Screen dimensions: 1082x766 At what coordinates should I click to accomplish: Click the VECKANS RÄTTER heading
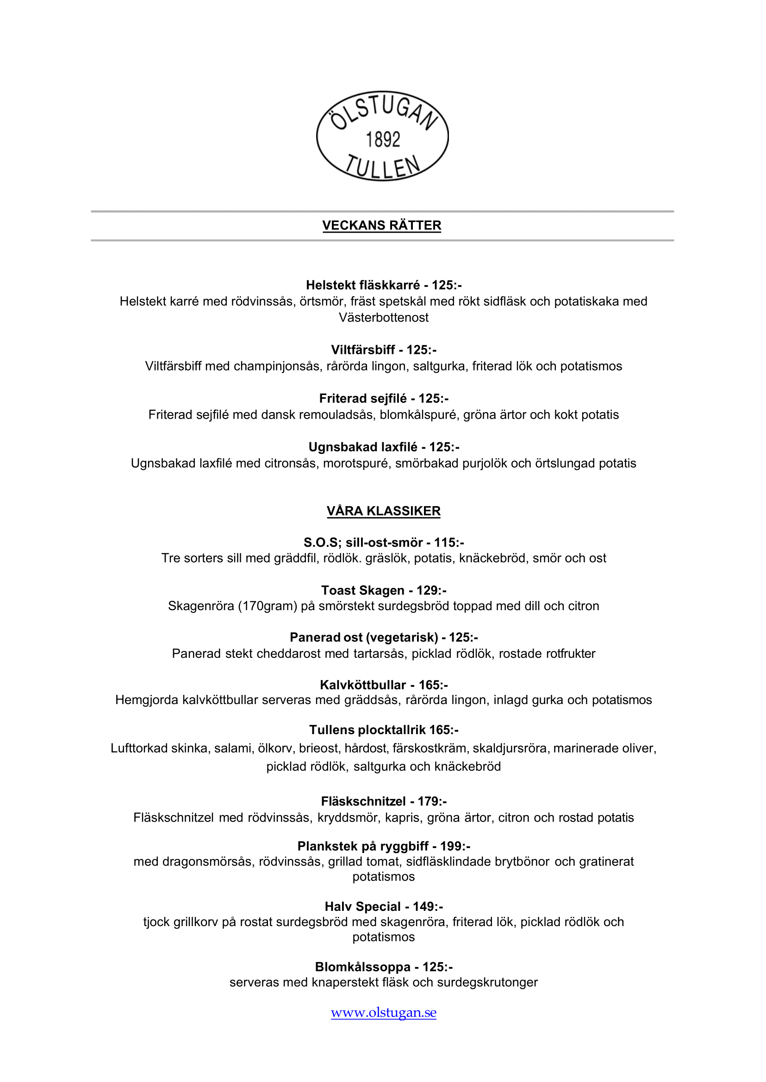381,225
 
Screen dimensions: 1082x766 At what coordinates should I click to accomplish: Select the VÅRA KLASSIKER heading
383,511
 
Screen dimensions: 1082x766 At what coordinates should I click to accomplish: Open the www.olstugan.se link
383,1012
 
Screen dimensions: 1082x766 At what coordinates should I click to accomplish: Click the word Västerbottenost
383,318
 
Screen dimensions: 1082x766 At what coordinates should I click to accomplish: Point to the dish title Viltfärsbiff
363,350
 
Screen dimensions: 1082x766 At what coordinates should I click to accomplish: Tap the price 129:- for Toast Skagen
431,590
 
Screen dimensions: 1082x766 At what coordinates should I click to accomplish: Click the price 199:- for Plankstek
455,846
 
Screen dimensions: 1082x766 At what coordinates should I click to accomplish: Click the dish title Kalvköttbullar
363,685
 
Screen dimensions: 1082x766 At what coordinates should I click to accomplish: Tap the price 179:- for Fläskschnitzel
432,802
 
